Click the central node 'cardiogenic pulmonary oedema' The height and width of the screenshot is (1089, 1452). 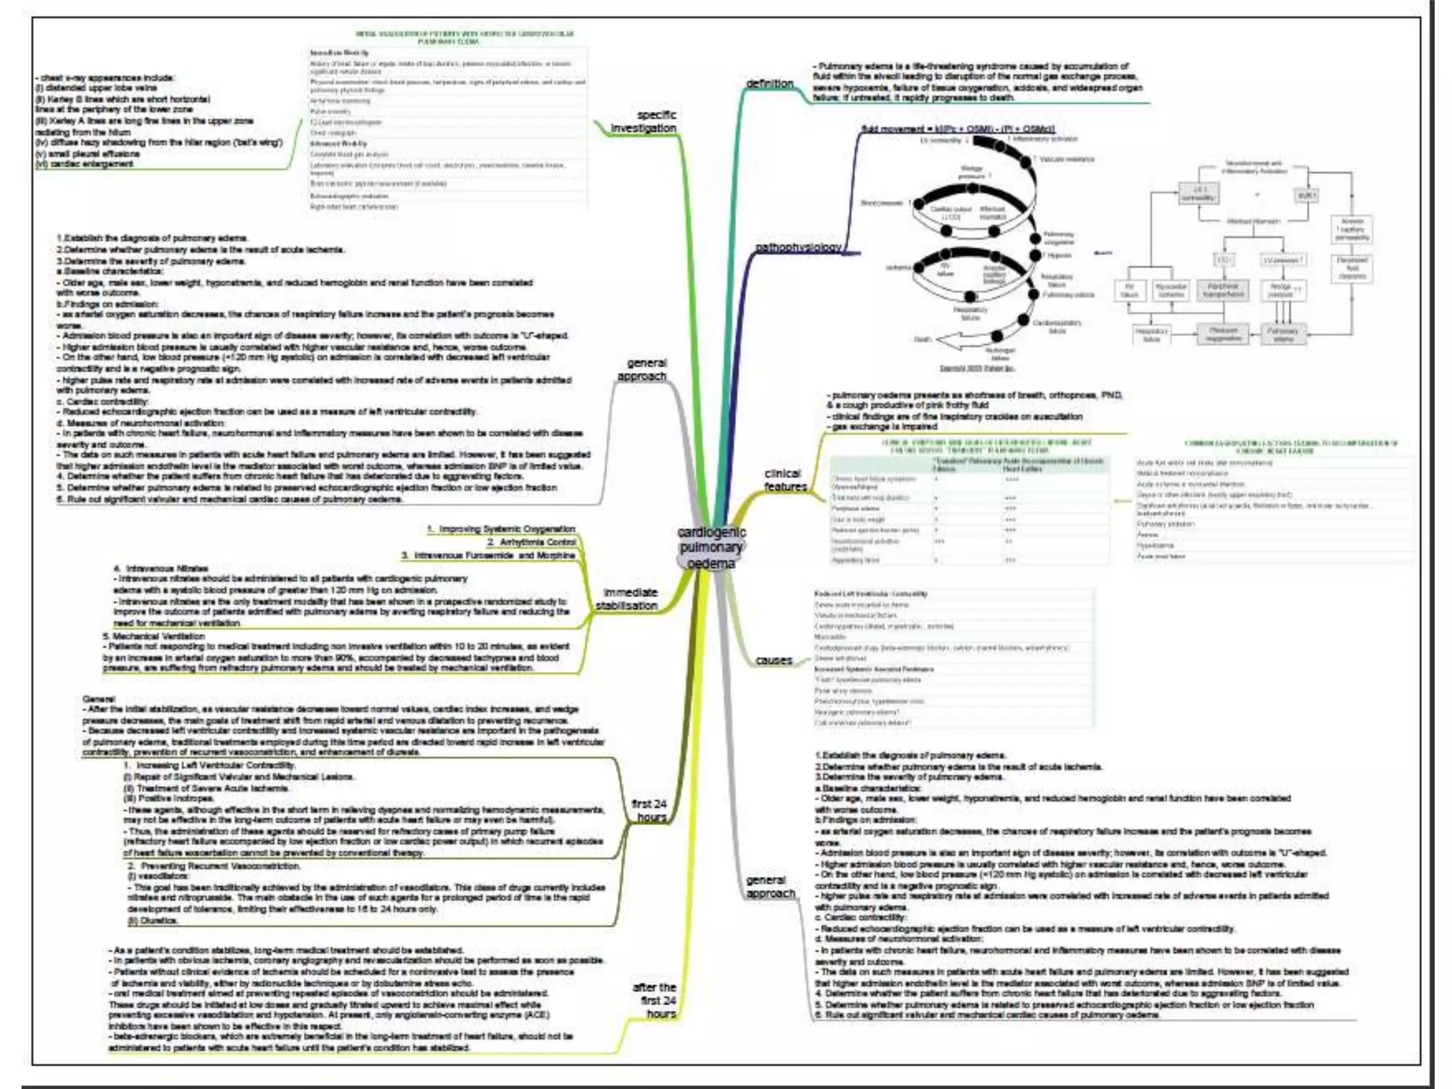click(x=711, y=547)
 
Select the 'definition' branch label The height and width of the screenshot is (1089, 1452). click(x=769, y=84)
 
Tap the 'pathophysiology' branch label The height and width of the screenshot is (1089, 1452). click(x=798, y=247)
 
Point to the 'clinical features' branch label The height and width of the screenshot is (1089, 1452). click(x=784, y=480)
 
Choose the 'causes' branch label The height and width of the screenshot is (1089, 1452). click(x=774, y=660)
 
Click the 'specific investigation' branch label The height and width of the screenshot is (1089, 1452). click(x=644, y=121)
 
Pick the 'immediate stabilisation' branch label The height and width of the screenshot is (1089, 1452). click(x=627, y=599)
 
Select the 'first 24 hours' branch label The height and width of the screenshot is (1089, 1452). click(x=649, y=810)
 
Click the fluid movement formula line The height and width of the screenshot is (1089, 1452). click(x=958, y=129)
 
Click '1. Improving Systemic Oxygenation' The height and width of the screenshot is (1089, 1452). click(x=501, y=529)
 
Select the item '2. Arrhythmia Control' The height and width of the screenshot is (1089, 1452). click(x=532, y=542)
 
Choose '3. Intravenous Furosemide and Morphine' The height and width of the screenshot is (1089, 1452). click(x=488, y=555)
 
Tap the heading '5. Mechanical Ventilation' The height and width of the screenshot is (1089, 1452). click(x=154, y=636)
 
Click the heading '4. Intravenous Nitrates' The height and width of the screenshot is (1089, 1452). click(x=161, y=568)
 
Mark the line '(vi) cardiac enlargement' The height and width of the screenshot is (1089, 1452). click(x=84, y=164)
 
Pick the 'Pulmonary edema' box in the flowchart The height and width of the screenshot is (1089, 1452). click(x=1283, y=335)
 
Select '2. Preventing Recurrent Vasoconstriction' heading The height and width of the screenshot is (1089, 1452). click(x=213, y=866)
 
